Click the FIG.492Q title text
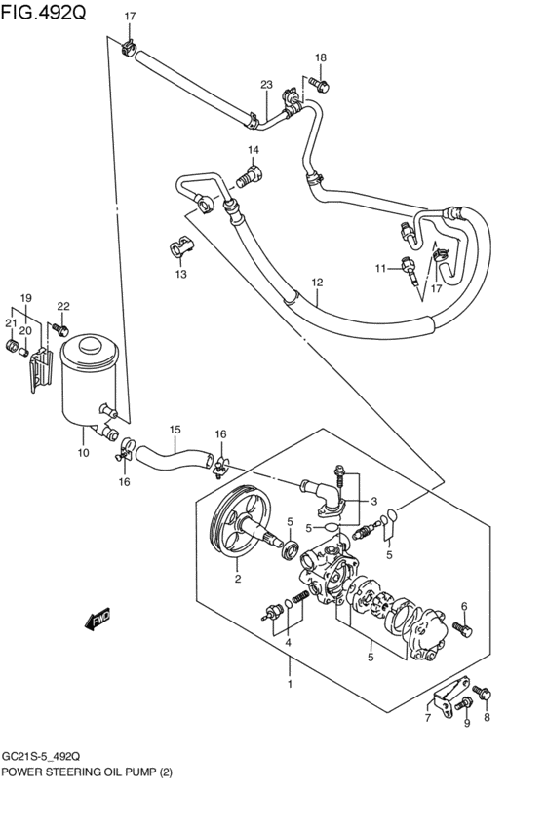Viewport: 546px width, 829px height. (43, 12)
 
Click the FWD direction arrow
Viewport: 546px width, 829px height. (97, 618)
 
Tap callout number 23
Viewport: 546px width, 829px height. (266, 85)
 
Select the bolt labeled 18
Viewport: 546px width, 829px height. (319, 84)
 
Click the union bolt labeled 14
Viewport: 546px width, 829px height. (251, 175)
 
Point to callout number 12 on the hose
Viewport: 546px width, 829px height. (317, 283)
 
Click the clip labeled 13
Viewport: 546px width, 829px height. (181, 245)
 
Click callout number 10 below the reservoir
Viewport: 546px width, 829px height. (83, 453)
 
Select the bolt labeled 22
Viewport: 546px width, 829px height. (60, 330)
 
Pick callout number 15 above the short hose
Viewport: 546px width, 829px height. (175, 430)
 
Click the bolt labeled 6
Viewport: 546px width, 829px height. (463, 628)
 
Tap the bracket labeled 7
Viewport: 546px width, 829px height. (449, 695)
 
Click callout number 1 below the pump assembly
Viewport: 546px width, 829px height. (290, 684)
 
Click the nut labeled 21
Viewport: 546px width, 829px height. (12, 346)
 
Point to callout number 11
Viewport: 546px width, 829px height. (381, 269)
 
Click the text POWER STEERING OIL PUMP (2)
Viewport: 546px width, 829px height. (87, 772)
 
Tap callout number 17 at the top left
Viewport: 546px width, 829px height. (130, 17)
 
